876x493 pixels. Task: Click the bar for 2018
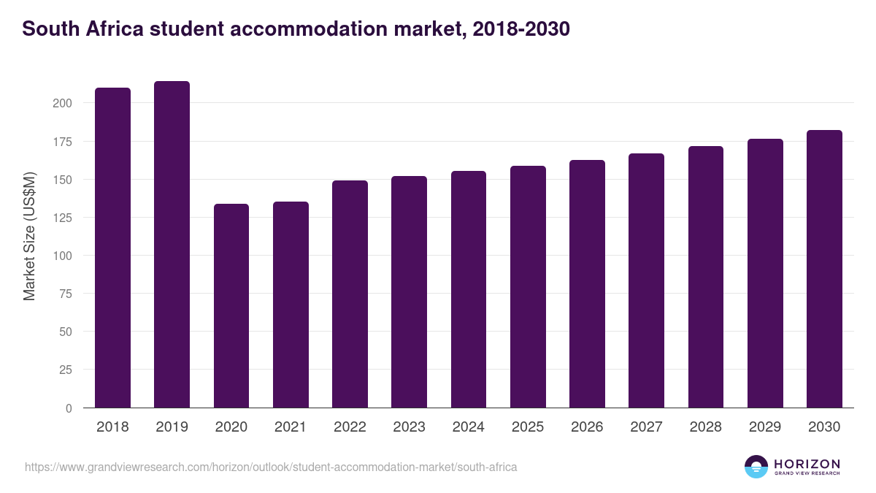(112, 248)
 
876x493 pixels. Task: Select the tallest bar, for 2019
(172, 245)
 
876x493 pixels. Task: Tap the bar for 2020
(231, 306)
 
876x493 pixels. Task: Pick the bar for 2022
(350, 294)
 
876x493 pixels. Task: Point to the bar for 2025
(528, 287)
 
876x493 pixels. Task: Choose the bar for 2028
(706, 277)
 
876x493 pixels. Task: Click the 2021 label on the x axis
(291, 427)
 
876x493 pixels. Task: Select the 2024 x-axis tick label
(469, 427)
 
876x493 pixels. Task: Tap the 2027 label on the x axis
(647, 427)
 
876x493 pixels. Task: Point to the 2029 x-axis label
(765, 427)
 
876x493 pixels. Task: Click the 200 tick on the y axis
(62, 103)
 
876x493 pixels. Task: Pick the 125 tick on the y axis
(62, 218)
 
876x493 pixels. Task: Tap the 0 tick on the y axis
(69, 408)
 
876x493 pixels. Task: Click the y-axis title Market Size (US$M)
(29, 236)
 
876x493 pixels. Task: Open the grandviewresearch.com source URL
(271, 467)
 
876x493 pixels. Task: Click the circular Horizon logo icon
(756, 467)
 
